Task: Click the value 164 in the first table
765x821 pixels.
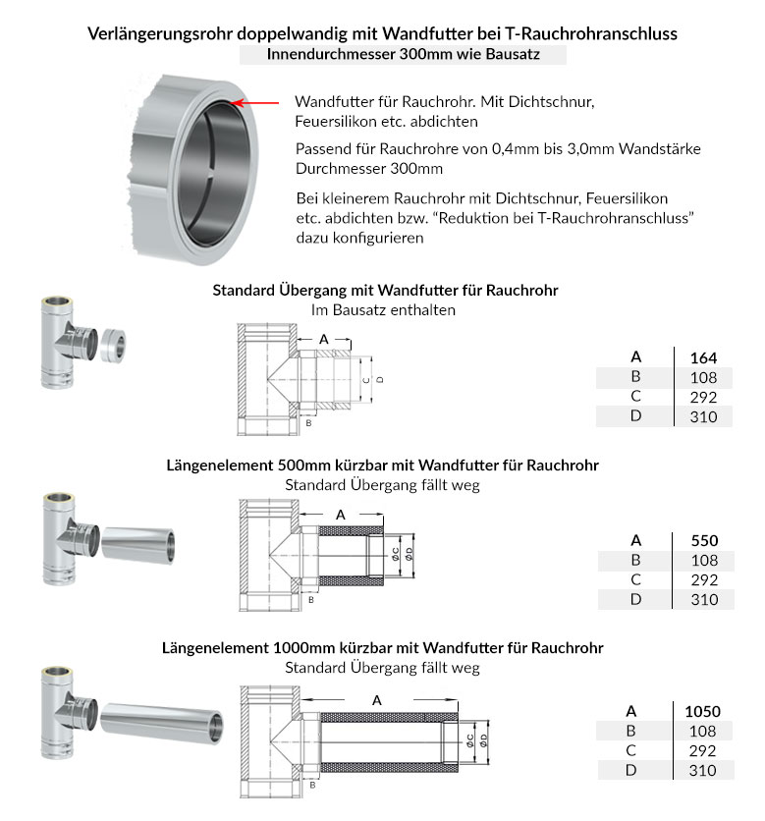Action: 703,356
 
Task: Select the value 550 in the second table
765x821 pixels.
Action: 703,540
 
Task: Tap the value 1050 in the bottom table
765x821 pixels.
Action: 702,711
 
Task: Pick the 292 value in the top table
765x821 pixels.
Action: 703,397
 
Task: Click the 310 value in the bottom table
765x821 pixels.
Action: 703,770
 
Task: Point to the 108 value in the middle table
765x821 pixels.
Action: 703,560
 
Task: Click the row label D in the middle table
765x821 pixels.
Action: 635,599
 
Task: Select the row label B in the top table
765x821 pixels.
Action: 635,376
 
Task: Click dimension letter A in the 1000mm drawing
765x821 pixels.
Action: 378,699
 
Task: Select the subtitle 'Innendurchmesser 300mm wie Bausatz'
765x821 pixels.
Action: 403,55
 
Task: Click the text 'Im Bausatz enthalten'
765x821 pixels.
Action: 383,309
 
